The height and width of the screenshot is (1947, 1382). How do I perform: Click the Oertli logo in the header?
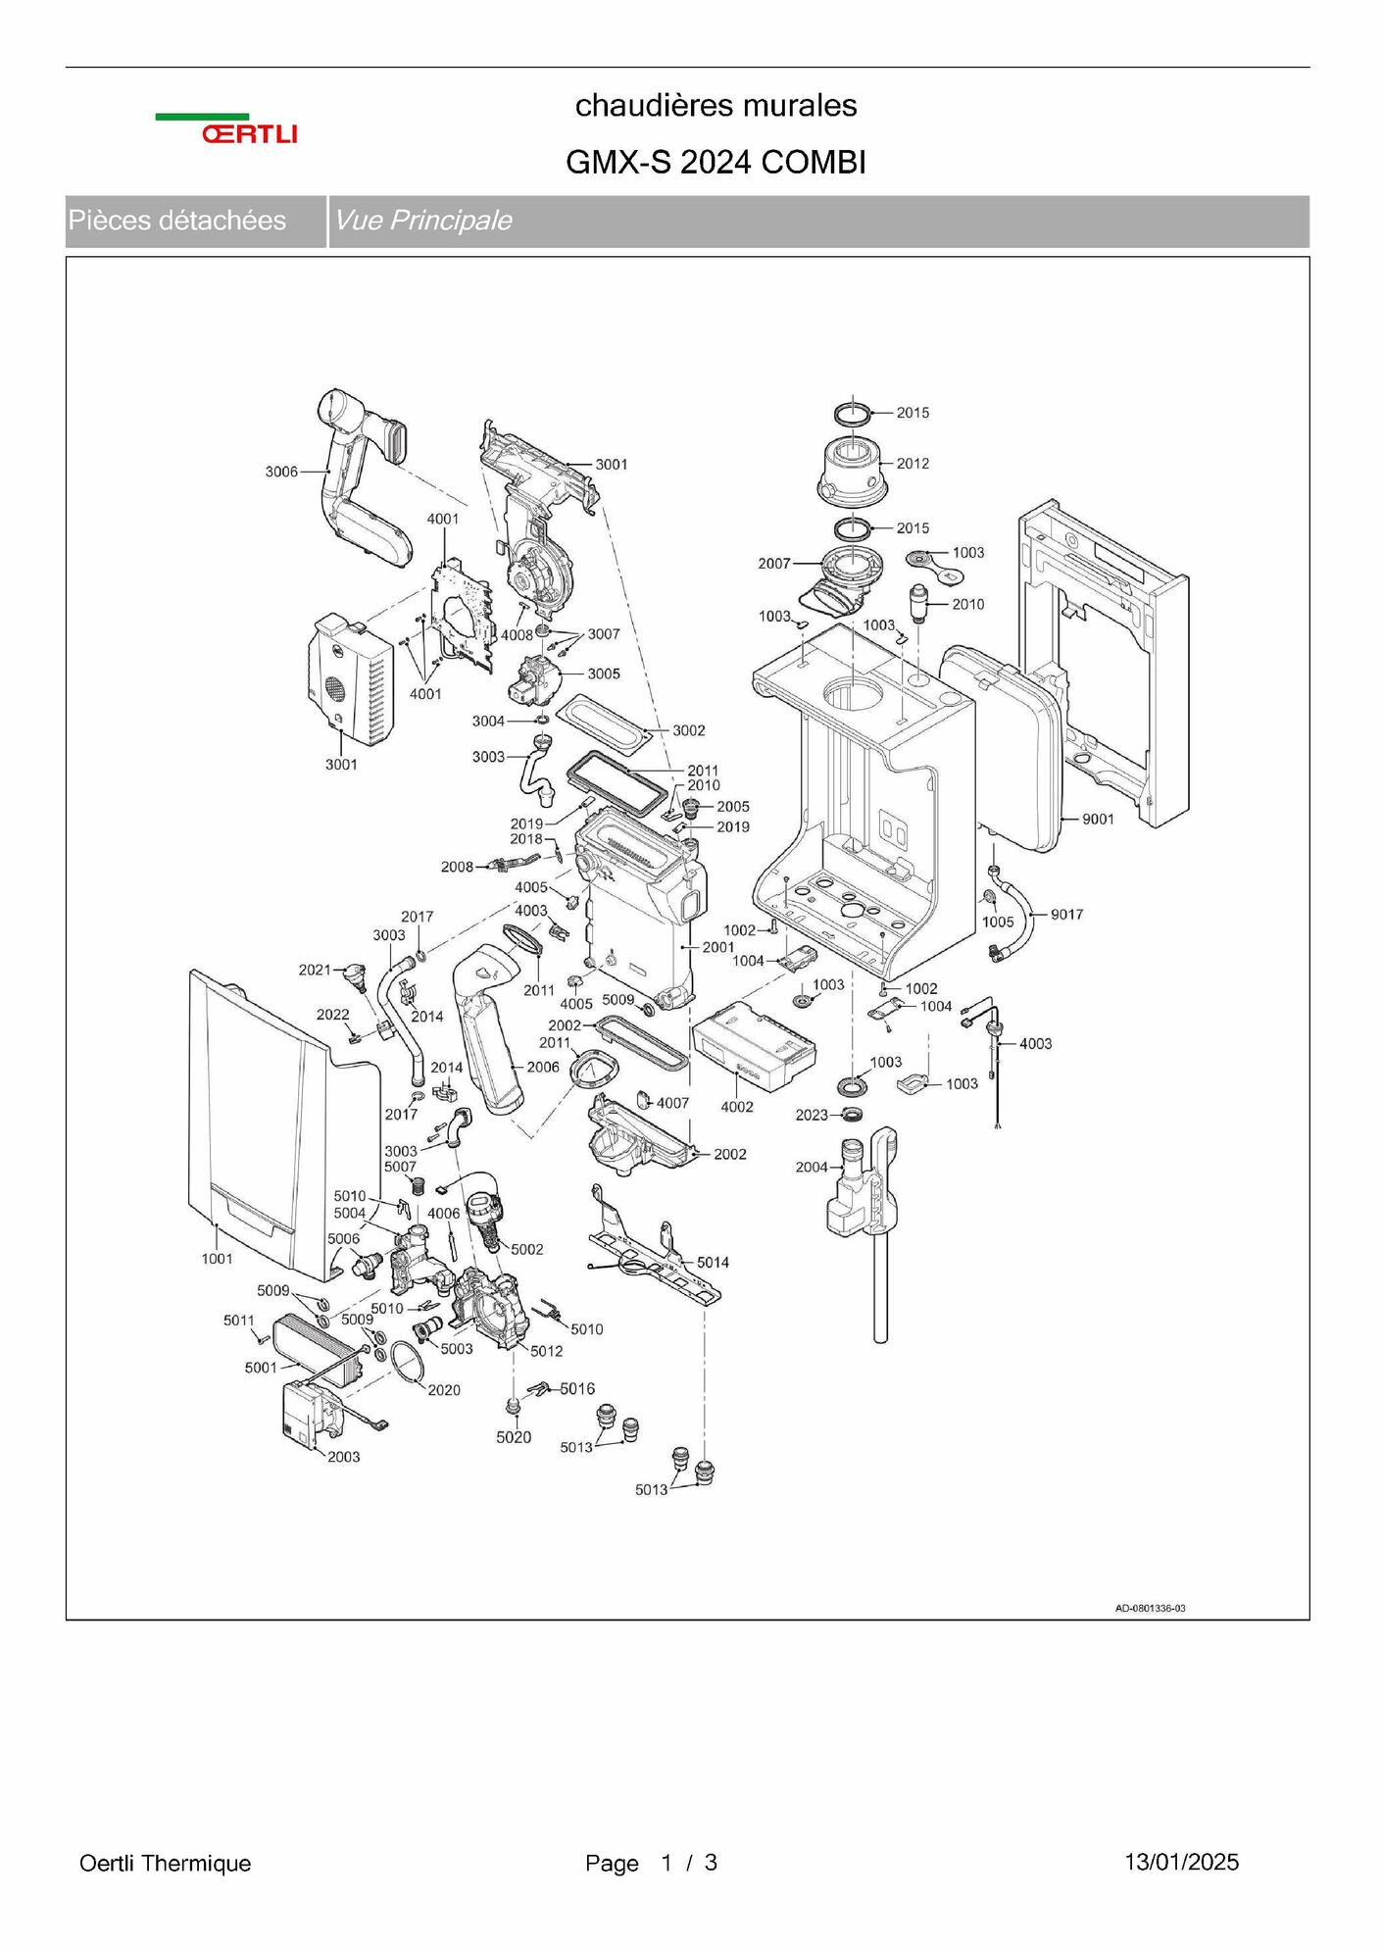[226, 128]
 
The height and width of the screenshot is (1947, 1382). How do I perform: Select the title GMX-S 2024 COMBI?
[716, 163]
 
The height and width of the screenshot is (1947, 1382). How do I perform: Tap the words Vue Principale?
[422, 220]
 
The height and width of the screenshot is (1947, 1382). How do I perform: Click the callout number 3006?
[281, 472]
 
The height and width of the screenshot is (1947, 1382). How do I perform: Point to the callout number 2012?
[913, 463]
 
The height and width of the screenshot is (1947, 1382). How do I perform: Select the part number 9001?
[1098, 819]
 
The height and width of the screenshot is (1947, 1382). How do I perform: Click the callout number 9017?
[1066, 915]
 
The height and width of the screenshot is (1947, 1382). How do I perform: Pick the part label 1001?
[217, 1259]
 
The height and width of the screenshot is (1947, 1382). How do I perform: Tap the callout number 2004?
[812, 1167]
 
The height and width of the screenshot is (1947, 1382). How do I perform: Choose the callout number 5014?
[713, 1263]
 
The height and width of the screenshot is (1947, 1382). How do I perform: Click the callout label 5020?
[514, 1437]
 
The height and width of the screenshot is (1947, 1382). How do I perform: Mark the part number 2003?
[344, 1457]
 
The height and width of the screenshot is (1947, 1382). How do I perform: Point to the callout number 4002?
[737, 1107]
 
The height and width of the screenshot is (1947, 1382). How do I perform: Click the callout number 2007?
[774, 564]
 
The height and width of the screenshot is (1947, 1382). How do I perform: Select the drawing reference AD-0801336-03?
[1150, 1609]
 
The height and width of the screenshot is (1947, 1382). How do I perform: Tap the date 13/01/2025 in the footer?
[1181, 1863]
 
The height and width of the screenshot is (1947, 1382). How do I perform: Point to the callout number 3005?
[604, 674]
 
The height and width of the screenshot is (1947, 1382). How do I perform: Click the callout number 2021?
[315, 970]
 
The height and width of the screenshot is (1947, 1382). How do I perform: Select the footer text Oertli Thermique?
[165, 1864]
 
